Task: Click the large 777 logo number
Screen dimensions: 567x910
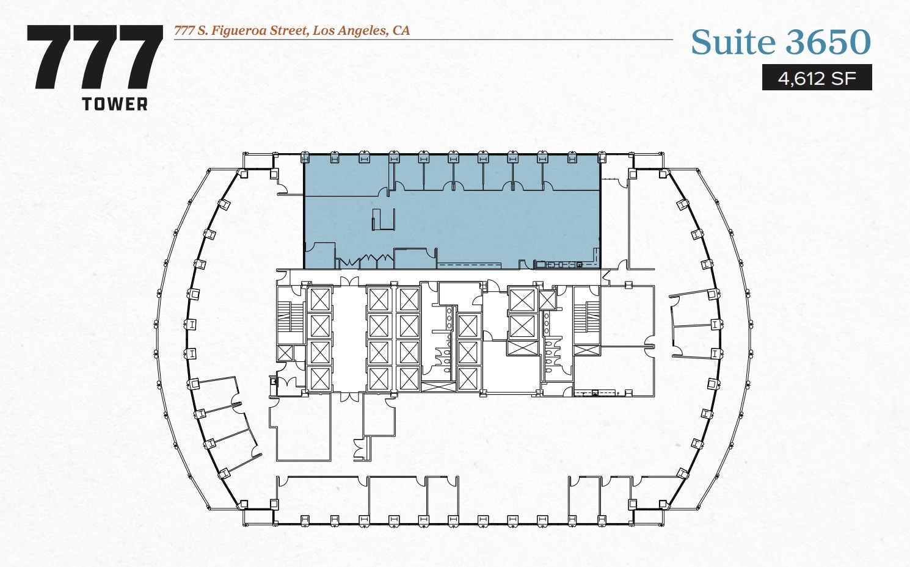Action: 95,58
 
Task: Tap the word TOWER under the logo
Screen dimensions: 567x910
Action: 115,104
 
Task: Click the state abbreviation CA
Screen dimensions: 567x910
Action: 401,31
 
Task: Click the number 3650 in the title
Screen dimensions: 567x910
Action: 828,42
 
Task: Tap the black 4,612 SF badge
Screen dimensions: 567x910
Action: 817,78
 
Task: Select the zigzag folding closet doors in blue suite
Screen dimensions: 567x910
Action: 365,262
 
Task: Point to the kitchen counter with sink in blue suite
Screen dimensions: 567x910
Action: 559,265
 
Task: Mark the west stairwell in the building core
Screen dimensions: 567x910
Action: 290,316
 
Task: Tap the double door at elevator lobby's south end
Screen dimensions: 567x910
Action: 349,397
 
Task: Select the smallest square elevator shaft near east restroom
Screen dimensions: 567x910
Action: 547,300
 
